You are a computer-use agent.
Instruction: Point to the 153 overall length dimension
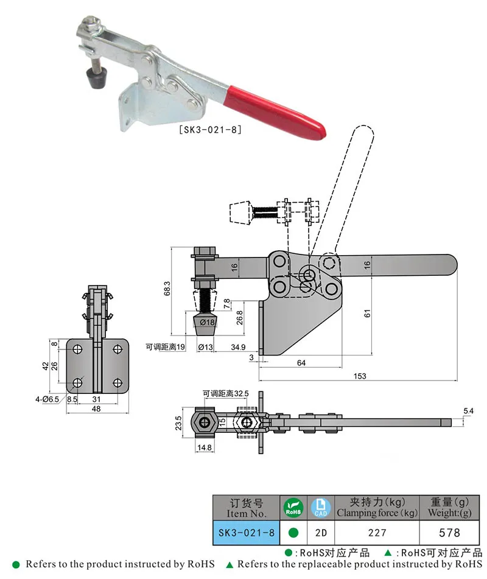(359, 376)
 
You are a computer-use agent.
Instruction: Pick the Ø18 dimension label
(208, 321)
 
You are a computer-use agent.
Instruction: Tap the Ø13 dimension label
(206, 347)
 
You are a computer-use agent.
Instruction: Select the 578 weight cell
(449, 532)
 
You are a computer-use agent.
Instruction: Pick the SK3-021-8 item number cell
(246, 532)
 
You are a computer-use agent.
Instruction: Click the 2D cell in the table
(321, 532)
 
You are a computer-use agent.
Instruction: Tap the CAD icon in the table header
(321, 507)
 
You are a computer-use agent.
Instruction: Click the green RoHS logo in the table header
(293, 507)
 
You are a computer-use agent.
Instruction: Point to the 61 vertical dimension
(367, 314)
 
